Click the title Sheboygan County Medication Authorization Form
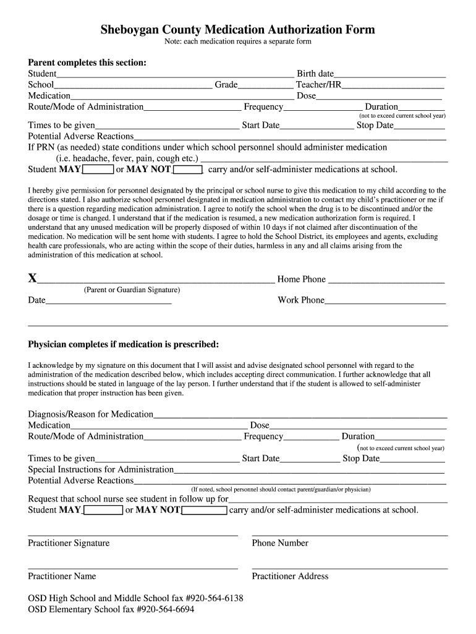pyautogui.click(x=238, y=30)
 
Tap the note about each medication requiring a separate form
pyautogui.click(x=237, y=41)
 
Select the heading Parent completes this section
pyautogui.click(x=87, y=63)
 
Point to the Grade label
pyautogui.click(x=226, y=85)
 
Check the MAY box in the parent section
pyautogui.click(x=98, y=169)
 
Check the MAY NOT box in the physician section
pyautogui.click(x=205, y=510)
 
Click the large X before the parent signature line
pyautogui.click(x=32, y=279)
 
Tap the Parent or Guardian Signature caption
pyautogui.click(x=132, y=290)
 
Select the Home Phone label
pyautogui.click(x=301, y=279)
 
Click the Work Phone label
pyautogui.click(x=300, y=300)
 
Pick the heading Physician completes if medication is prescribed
pyautogui.click(x=123, y=344)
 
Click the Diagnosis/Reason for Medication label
pyautogui.click(x=90, y=414)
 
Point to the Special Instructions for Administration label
pyautogui.click(x=101, y=469)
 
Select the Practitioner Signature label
pyautogui.click(x=69, y=543)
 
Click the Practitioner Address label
pyautogui.click(x=290, y=576)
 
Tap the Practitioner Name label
pyautogui.click(x=62, y=576)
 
